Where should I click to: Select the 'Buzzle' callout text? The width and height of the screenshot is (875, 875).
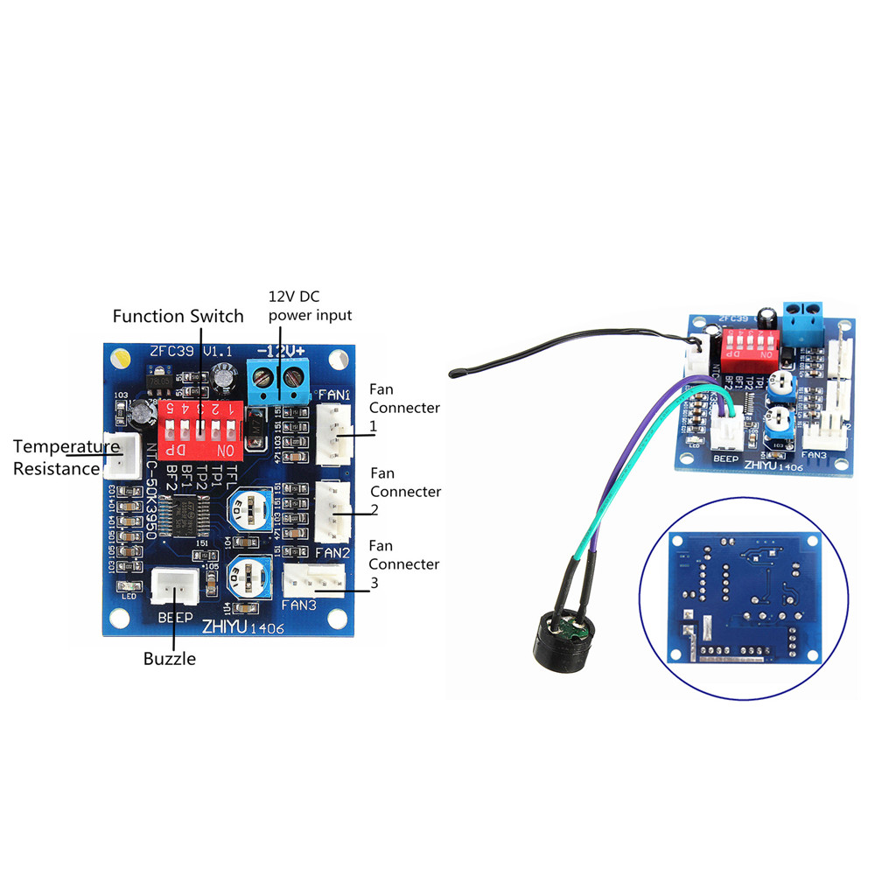tap(169, 658)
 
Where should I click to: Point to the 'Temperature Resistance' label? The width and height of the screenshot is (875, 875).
tap(63, 458)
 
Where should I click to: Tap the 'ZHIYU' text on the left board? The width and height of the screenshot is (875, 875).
tap(224, 626)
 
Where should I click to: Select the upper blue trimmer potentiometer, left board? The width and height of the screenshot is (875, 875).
tap(248, 508)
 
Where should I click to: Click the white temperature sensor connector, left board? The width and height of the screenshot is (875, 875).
tap(122, 455)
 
